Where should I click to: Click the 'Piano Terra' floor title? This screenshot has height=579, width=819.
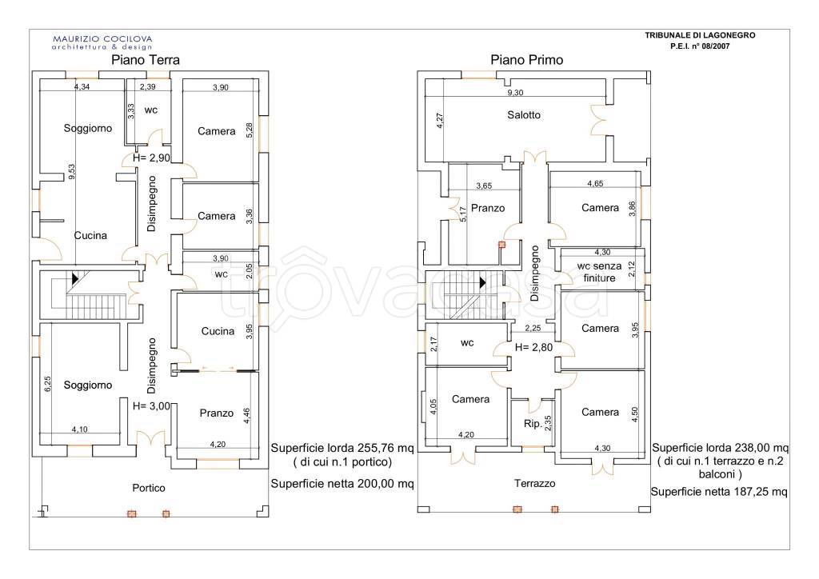tap(146, 60)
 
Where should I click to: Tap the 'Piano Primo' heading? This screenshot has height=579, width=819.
tap(526, 60)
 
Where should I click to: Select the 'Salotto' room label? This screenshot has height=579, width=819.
tap(524, 115)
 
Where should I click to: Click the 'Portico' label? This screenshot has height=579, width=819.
tap(148, 488)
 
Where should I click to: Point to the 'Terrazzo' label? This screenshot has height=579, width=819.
tap(534, 484)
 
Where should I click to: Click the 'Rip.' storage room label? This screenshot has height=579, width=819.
tap(533, 423)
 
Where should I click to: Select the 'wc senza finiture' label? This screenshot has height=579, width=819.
tap(599, 272)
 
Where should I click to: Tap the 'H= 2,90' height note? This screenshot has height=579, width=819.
tap(151, 158)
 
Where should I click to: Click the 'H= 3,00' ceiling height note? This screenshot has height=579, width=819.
tap(151, 405)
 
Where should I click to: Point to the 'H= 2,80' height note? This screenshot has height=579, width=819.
tap(533, 347)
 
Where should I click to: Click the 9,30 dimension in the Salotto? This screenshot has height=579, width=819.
tap(515, 93)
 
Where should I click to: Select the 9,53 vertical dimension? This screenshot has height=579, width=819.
tap(71, 172)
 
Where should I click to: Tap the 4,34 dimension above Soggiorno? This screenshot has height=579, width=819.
tap(82, 86)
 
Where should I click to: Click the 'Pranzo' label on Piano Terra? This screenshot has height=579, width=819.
tap(216, 413)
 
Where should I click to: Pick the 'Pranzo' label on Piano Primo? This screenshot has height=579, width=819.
tap(488, 208)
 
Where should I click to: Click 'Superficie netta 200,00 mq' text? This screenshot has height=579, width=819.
tap(342, 484)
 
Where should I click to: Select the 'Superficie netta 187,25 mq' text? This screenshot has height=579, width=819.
tap(719, 492)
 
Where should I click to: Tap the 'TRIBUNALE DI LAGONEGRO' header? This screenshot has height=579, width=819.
tap(700, 35)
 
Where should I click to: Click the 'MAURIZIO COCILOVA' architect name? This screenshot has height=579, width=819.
tap(102, 38)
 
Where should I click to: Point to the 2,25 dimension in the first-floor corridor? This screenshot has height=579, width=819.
tap(533, 329)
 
